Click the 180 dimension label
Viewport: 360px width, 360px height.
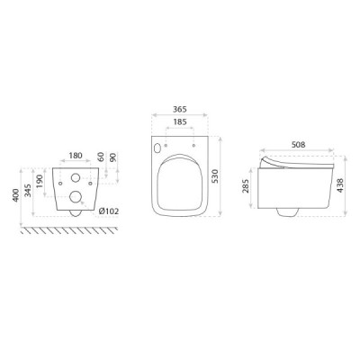76,156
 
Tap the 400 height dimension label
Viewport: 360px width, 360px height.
15,195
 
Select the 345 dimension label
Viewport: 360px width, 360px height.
28,191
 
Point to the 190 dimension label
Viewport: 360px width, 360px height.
40,181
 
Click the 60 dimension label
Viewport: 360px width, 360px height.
101,157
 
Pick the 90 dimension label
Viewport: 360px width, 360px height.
112,157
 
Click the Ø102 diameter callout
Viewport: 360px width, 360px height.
109,211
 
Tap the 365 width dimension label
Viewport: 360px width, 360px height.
180,109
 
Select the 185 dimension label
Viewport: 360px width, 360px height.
180,121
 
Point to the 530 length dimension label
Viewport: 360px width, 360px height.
216,176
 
